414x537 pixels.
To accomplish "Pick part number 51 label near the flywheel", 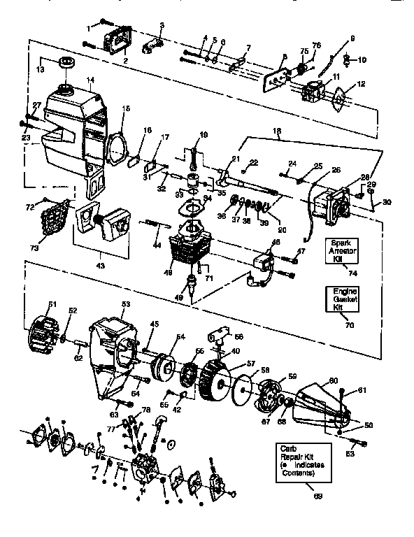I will click(x=51, y=303).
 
